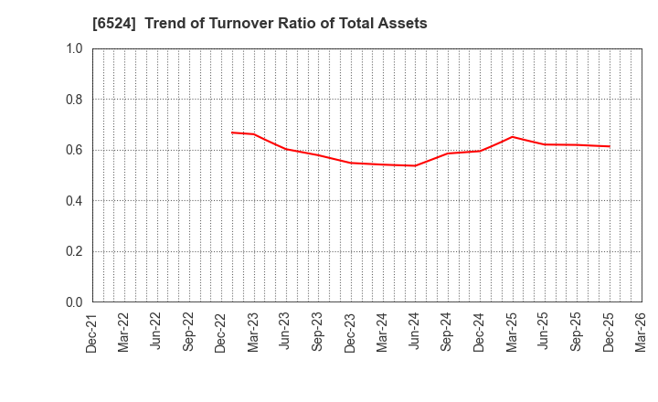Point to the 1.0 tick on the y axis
pos(74,48)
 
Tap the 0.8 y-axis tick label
pos(74,100)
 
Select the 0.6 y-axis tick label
pos(74,150)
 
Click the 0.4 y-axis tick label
pos(74,201)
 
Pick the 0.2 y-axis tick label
pos(74,251)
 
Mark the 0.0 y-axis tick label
pos(74,302)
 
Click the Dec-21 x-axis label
pos(92,332)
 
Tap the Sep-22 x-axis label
pos(189,332)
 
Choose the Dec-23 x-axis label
pos(351,332)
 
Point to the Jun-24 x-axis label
pos(415,332)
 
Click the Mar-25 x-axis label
pos(512,332)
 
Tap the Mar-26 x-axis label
pos(641,332)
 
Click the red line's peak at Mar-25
pos(512,137)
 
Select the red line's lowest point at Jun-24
pos(415,165)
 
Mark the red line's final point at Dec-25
pos(609,146)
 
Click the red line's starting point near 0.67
pos(232,132)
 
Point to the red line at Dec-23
pos(351,163)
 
